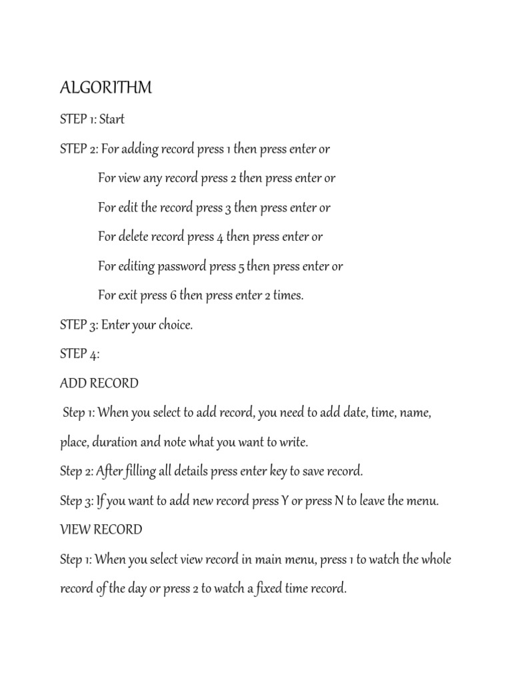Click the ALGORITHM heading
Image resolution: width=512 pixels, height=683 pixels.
tap(106, 88)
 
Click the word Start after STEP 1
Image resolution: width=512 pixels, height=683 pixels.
tap(112, 120)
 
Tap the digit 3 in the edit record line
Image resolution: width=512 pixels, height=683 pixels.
tap(227, 208)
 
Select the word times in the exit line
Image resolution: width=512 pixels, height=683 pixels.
tap(287, 295)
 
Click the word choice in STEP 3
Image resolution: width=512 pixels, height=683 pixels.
tap(175, 325)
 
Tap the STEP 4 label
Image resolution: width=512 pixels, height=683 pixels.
tap(79, 354)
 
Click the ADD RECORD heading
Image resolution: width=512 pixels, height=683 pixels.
tap(99, 384)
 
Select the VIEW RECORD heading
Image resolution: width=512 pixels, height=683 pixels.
tap(101, 530)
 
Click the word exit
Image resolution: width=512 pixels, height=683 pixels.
tap(132, 295)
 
